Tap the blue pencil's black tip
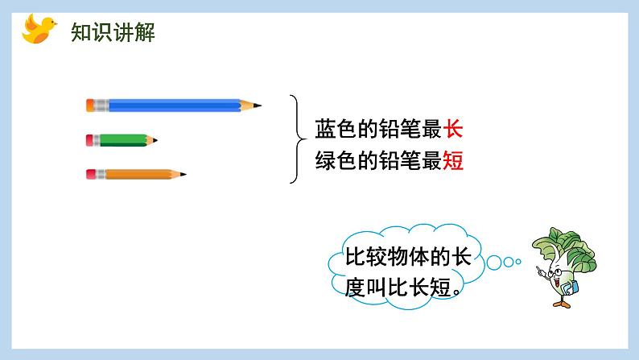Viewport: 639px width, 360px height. (258, 105)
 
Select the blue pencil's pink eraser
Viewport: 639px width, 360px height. (90, 105)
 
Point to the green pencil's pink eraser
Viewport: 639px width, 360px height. (90, 140)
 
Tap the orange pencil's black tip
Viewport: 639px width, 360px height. (183, 173)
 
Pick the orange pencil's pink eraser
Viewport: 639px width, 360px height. (90, 173)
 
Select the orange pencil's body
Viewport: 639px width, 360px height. (137, 173)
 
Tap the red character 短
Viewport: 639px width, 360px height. (453, 162)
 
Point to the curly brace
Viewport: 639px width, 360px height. (295, 140)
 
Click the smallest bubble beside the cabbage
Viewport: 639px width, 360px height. (518, 262)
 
